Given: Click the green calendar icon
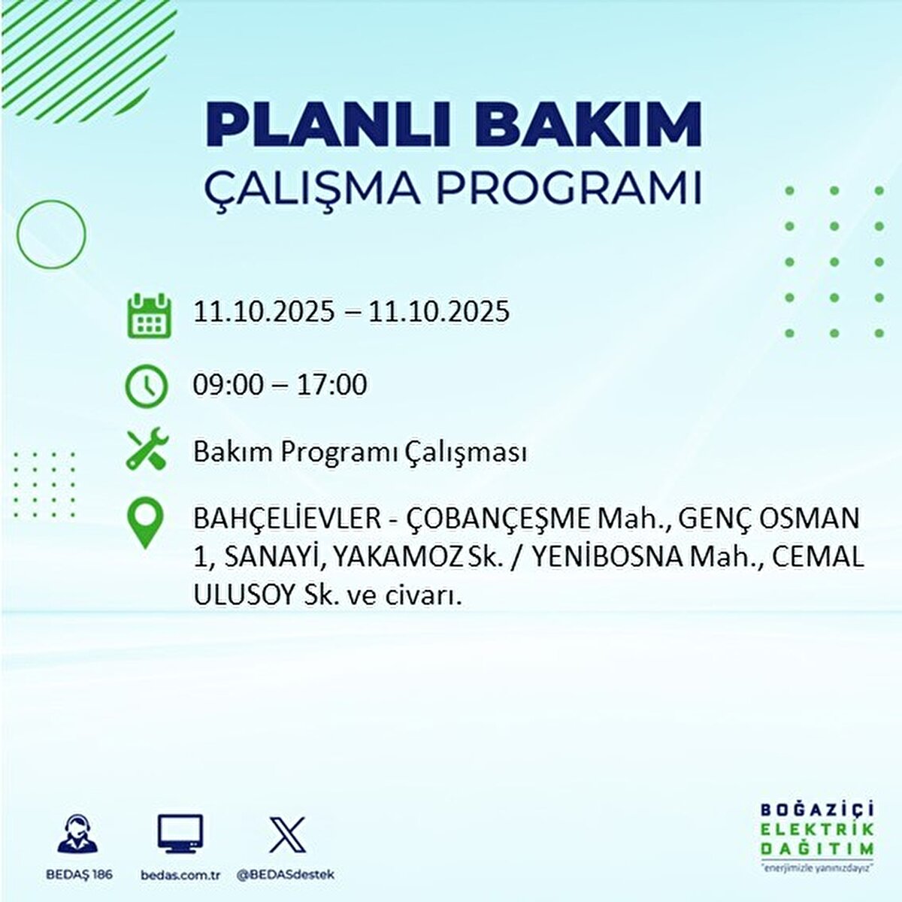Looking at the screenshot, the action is [150, 315].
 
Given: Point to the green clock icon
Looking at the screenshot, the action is [147, 386].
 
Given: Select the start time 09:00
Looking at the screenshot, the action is [229, 385].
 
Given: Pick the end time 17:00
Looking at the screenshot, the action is [332, 385].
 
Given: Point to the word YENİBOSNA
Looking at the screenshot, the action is [610, 558].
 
